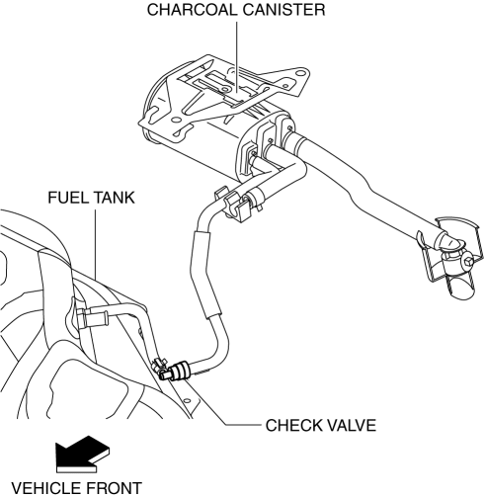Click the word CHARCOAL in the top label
tap(192, 10)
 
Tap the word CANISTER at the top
tap(284, 10)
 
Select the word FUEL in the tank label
tap(67, 198)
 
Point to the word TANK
tap(114, 198)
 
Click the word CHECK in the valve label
tap(294, 425)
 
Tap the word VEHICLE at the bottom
tap(46, 488)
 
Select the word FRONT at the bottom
tap(114, 488)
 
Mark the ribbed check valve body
tap(181, 370)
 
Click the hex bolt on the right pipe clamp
tap(468, 262)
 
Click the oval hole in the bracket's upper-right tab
tap(300, 73)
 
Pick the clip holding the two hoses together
tap(235, 205)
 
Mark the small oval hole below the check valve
tap(187, 400)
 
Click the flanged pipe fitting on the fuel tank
tap(92, 317)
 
